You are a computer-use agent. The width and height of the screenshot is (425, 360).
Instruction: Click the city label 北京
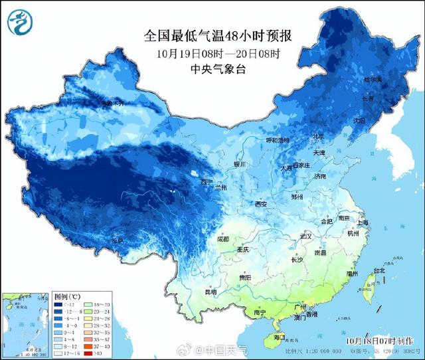(319, 137)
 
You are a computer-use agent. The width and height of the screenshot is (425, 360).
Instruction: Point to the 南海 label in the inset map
(14, 339)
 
